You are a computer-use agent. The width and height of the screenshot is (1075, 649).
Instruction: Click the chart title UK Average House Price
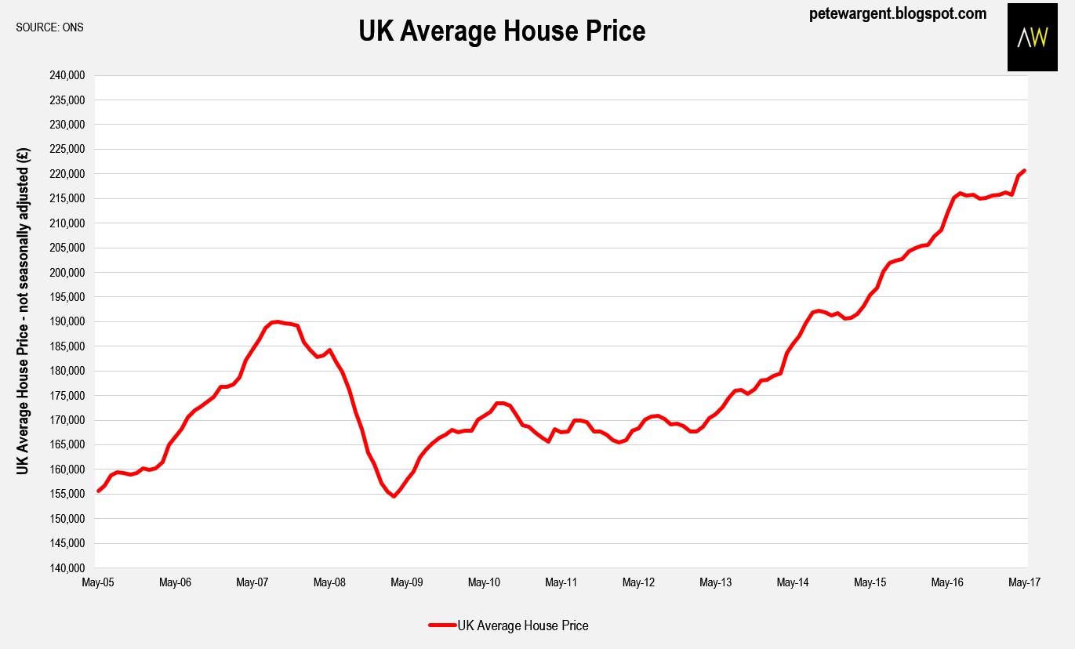pos(502,31)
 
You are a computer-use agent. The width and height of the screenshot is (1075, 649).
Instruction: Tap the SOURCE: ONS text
pos(49,27)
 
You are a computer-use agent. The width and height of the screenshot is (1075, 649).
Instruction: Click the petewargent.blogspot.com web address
pos(897,13)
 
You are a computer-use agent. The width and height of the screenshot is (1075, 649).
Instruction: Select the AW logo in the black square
pos(1032,38)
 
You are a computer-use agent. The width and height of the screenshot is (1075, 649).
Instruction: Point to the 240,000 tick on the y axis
pos(69,76)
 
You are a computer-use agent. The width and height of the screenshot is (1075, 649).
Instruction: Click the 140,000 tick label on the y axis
pos(69,568)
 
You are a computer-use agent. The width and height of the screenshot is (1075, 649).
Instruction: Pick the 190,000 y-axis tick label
pos(69,322)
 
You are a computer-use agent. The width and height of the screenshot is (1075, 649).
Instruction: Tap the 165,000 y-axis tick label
pos(69,445)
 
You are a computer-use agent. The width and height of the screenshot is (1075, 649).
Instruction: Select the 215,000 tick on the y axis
pos(69,199)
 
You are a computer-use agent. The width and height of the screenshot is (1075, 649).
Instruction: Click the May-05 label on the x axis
pos(98,583)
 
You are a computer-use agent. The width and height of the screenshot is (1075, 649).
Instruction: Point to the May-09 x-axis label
pos(407,583)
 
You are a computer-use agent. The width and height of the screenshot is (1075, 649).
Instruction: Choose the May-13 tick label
pos(716,583)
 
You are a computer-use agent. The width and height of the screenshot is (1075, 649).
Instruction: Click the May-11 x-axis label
pos(561,583)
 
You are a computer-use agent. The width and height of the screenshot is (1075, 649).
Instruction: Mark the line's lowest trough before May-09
pos(394,496)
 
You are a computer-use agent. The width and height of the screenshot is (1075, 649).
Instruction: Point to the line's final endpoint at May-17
pos(1024,171)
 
